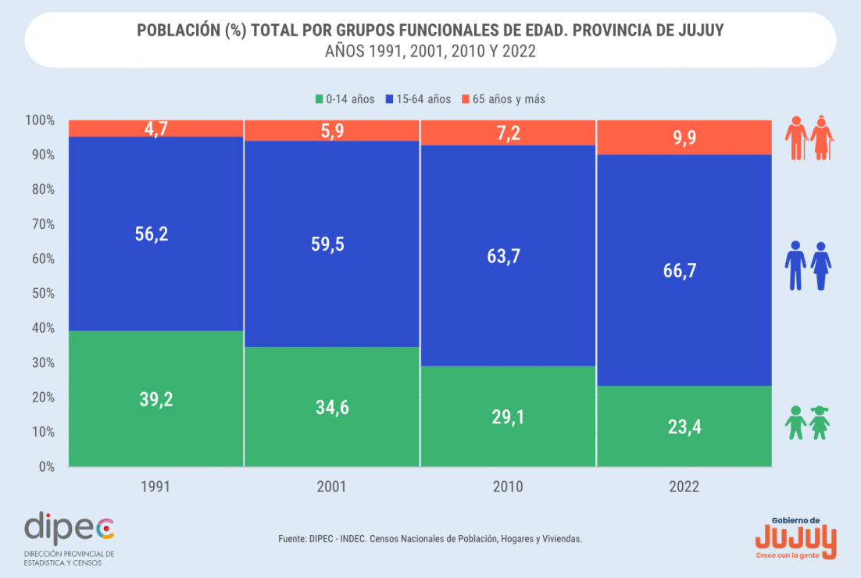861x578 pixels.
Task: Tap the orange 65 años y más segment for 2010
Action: pos(509,133)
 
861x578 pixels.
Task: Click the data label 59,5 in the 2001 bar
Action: pos(332,244)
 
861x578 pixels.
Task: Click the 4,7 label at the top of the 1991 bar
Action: pos(156,129)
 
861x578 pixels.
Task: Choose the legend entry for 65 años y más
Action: pos(503,99)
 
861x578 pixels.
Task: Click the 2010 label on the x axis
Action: pos(509,487)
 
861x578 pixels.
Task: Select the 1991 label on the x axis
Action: pos(156,487)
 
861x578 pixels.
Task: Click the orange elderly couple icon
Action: pos(809,138)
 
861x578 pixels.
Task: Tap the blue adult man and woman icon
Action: pos(808,266)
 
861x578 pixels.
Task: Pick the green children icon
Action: pos(808,423)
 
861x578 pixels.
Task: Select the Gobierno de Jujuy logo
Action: pos(795,537)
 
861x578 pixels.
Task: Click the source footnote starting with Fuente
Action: pos(430,539)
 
